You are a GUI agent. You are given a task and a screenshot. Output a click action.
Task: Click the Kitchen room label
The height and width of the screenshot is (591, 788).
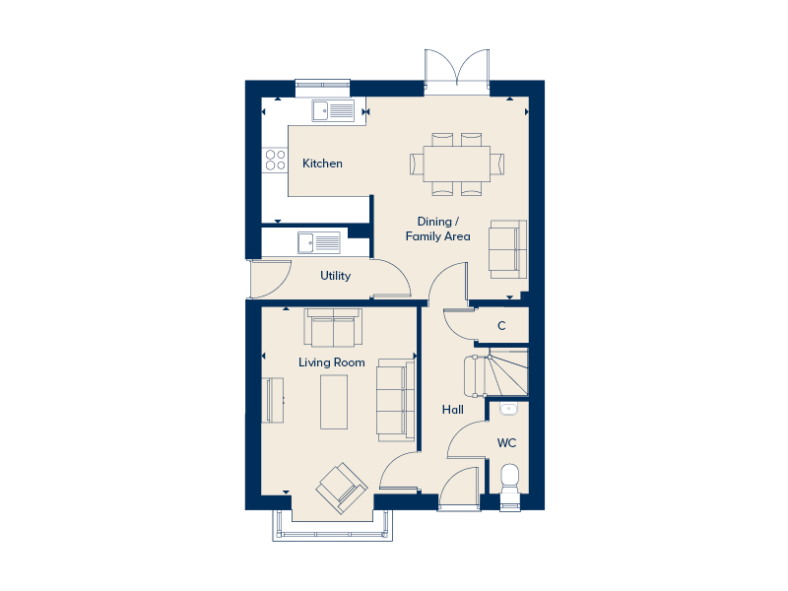pyautogui.click(x=322, y=164)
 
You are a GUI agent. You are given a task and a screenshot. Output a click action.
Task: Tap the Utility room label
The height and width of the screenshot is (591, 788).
pyautogui.click(x=335, y=276)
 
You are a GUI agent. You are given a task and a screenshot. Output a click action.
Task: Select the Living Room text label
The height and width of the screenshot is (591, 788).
pyautogui.click(x=332, y=362)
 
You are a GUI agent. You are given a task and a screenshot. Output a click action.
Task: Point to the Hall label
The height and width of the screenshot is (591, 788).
pyautogui.click(x=453, y=410)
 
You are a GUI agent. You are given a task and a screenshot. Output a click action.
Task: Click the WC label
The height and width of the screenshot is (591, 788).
pyautogui.click(x=506, y=443)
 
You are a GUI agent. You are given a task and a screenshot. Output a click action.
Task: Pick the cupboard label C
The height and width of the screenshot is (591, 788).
pyautogui.click(x=501, y=326)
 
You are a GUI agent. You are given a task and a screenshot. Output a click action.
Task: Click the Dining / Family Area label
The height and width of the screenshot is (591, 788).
pyautogui.click(x=437, y=230)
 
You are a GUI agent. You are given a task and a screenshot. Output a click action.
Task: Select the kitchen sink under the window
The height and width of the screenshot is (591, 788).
pyautogui.click(x=333, y=110)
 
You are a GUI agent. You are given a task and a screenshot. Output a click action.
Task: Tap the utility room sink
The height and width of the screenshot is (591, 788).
pyautogui.click(x=318, y=242)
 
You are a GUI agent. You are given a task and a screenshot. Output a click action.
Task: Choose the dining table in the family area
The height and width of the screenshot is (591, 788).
pyautogui.click(x=457, y=162)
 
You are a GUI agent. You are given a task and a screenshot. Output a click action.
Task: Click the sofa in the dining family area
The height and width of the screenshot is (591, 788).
pyautogui.click(x=508, y=246)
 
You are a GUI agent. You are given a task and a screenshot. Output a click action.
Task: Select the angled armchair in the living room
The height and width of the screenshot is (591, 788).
pyautogui.click(x=341, y=488)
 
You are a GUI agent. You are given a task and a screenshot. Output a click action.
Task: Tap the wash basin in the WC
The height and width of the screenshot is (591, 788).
pyautogui.click(x=509, y=408)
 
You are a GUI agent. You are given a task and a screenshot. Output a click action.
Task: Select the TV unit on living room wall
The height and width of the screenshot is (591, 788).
pyautogui.click(x=273, y=399)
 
